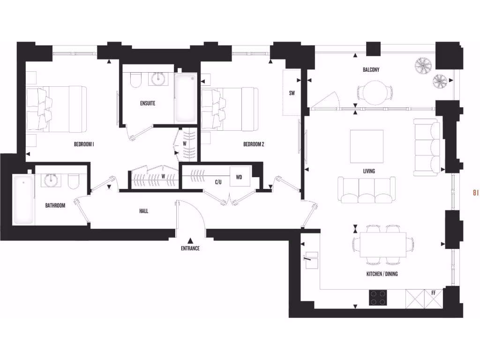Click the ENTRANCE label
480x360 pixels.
click(190, 248)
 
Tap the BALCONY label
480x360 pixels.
click(371, 70)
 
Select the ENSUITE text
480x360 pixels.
click(148, 103)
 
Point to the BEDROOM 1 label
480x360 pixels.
click(84, 144)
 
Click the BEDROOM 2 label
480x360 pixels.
click(254, 144)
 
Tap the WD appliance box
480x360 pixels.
click(239, 177)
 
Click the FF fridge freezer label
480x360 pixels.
click(434, 293)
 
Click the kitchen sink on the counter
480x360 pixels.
click(311, 261)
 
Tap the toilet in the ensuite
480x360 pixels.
click(135, 81)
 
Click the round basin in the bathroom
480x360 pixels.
click(51, 180)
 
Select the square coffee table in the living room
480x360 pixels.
click(367, 146)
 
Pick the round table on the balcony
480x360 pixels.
click(374, 92)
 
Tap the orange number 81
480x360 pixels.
click(475, 192)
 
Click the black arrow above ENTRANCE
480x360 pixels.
click(190, 240)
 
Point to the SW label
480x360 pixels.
click(292, 93)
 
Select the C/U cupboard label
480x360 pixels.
click(218, 182)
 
